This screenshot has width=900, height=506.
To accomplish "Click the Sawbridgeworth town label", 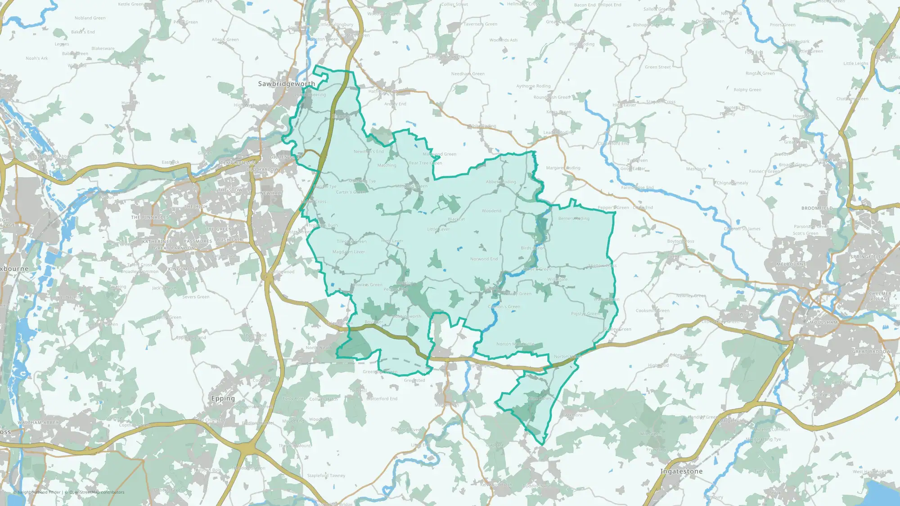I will pos(286,84).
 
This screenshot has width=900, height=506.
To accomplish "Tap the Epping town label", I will pos(223,399).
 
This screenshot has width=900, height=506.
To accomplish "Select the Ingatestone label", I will pos(681,471).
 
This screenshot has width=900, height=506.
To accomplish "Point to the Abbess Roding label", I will pos(501,182).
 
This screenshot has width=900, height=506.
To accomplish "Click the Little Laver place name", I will pos(438,229).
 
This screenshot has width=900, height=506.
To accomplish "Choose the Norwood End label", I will pos(484,259).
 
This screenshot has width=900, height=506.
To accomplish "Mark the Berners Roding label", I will pos(574,219).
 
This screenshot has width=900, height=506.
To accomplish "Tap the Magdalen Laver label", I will pos(349,252).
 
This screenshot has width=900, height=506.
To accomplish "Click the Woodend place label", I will pos(491,211).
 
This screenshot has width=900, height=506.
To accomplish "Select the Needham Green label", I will pos(468,74).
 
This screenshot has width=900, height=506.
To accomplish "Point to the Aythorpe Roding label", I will pos(533,86).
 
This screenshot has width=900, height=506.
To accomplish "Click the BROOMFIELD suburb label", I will pos(817,208).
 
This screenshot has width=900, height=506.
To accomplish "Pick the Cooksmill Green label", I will pos(652,311).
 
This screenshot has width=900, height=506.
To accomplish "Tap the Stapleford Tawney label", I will pos(326,475).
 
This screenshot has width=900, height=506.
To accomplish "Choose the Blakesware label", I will pos(103,49).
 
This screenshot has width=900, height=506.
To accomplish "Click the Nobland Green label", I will pos(90,18).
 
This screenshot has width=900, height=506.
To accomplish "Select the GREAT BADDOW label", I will pos(872,352).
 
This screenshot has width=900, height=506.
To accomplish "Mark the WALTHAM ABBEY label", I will pos(38,423).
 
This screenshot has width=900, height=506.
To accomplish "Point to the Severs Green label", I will pos(196,297).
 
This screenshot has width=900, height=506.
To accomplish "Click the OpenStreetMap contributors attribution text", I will pos(97,492).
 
